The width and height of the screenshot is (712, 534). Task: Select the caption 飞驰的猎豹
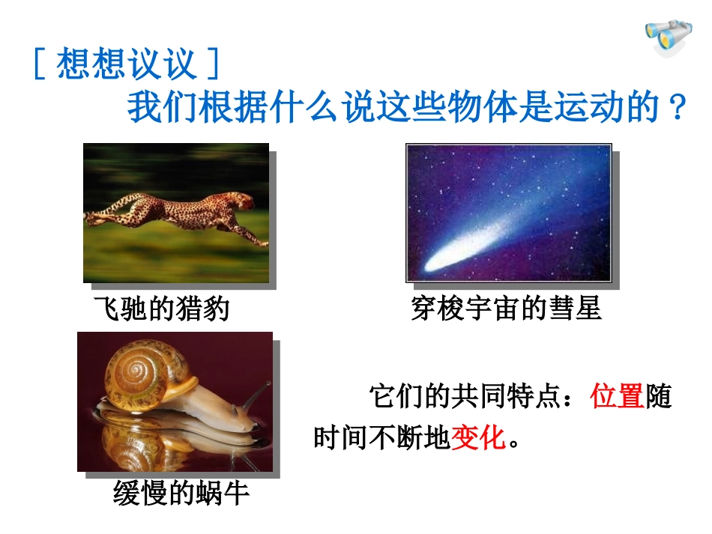point(162,308)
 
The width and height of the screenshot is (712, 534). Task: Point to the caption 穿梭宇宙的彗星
point(506,308)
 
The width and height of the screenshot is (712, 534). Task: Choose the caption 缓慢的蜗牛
point(181,493)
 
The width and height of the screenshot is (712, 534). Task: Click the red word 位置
point(618,396)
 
